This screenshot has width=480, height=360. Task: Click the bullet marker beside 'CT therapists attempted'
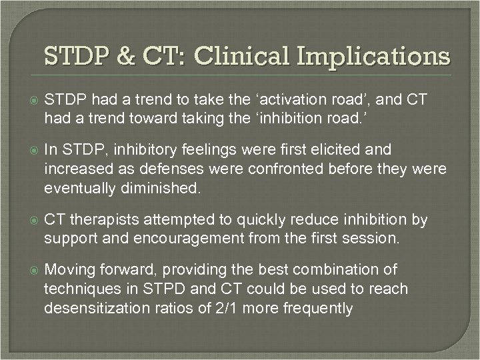pyautogui.click(x=29, y=220)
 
